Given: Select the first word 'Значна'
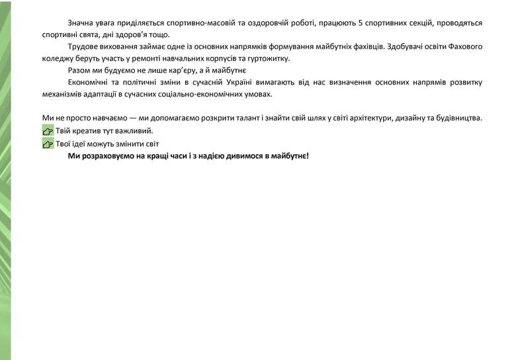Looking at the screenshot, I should click(81, 22).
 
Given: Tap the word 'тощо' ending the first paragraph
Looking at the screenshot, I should click(159, 34).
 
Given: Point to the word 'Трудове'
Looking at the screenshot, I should click(83, 47).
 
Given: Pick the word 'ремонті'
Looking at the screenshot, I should click(152, 58).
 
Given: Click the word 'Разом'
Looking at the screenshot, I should click(79, 70).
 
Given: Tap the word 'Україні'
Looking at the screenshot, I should click(270, 82).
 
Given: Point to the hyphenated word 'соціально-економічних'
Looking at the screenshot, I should click(205, 94).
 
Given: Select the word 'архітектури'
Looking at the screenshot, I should click(367, 118).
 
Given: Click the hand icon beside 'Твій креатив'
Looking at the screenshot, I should click(48, 131).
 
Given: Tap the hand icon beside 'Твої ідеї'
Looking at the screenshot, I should click(48, 144).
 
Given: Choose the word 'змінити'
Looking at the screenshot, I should click(125, 144).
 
